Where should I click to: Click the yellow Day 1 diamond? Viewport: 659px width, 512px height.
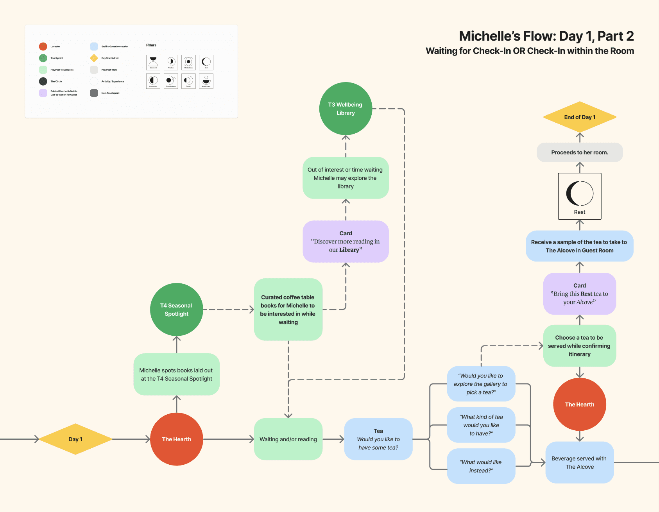tap(75, 439)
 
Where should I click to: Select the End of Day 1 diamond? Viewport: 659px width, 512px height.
tap(580, 117)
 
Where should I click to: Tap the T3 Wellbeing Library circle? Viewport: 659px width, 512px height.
tap(346, 109)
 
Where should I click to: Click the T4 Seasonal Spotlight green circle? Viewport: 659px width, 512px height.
tap(177, 310)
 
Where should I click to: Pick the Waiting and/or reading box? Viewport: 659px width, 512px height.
tap(288, 439)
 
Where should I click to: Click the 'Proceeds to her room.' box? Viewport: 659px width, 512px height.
tap(580, 152)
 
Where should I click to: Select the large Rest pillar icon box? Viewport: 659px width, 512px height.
tap(580, 196)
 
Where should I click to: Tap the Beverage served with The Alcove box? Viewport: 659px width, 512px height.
tap(579, 462)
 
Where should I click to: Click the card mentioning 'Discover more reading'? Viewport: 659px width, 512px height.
tap(346, 242)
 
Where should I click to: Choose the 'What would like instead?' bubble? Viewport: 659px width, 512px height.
tap(481, 466)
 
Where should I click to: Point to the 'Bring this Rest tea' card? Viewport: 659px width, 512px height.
tap(580, 294)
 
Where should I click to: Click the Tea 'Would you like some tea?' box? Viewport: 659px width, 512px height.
tap(378, 439)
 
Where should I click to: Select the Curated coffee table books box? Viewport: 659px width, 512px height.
tap(288, 309)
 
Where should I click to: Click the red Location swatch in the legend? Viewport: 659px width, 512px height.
tap(43, 47)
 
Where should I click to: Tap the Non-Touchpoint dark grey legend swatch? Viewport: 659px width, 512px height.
tap(94, 93)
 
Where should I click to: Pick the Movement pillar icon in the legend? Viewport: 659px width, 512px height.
tap(153, 63)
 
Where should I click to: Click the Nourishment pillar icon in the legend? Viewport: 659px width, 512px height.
tap(206, 81)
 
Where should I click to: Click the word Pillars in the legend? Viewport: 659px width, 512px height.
tap(151, 45)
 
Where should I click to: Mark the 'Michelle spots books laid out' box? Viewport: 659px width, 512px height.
tap(176, 374)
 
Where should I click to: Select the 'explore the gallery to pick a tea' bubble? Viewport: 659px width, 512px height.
tap(481, 384)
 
